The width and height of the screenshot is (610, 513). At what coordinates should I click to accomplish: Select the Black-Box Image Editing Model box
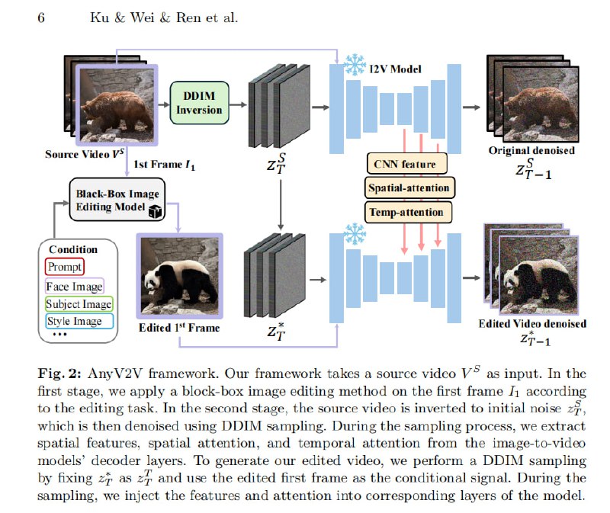click(x=114, y=199)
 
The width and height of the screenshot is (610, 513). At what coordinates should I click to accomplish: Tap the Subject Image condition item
click(x=79, y=304)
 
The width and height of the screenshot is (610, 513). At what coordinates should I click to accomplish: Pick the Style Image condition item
click(x=74, y=321)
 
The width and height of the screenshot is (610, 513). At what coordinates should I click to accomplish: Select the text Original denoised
click(x=531, y=150)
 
